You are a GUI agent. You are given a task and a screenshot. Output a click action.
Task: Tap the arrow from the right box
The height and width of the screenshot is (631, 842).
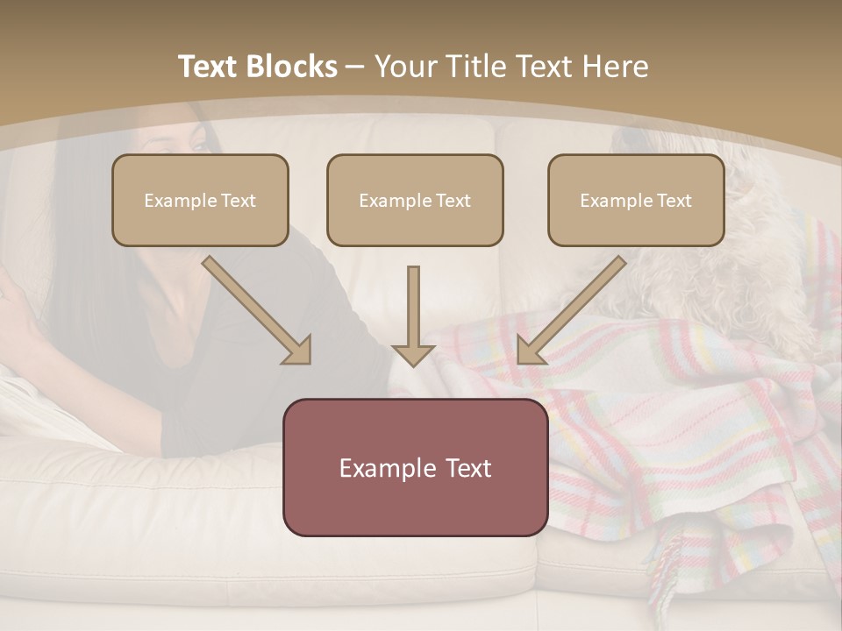point(572,309)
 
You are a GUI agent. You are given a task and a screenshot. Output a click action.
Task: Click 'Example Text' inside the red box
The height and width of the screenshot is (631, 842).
point(415,468)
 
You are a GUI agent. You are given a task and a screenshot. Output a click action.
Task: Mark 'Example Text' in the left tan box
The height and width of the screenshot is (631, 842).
point(200,201)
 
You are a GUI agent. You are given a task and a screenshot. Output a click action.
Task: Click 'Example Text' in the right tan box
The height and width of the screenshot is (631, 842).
point(636,201)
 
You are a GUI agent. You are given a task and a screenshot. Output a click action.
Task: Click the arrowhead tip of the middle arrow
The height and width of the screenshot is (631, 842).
point(413,362)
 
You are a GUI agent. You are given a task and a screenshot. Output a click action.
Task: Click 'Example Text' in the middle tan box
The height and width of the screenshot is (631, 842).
point(415,201)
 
